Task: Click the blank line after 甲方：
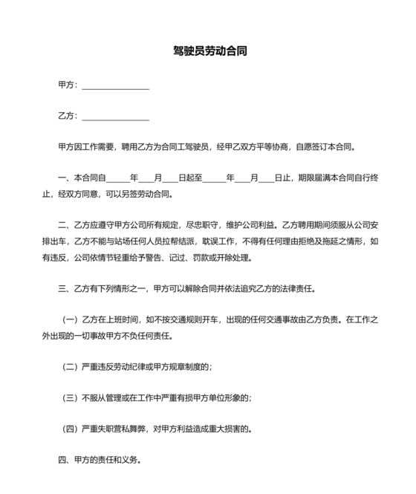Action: [115, 86]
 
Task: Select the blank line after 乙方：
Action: [115, 117]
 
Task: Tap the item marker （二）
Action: [71, 367]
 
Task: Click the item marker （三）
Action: [71, 397]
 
